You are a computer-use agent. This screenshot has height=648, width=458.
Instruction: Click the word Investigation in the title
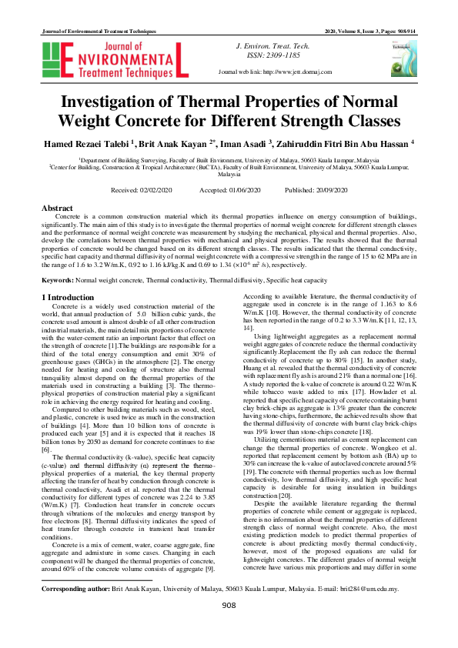pyautogui.click(x=125, y=102)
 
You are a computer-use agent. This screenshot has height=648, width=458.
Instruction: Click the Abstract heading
pyautogui.click(x=56, y=209)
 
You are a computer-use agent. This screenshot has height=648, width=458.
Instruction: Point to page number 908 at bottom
pyautogui.click(x=229, y=627)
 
